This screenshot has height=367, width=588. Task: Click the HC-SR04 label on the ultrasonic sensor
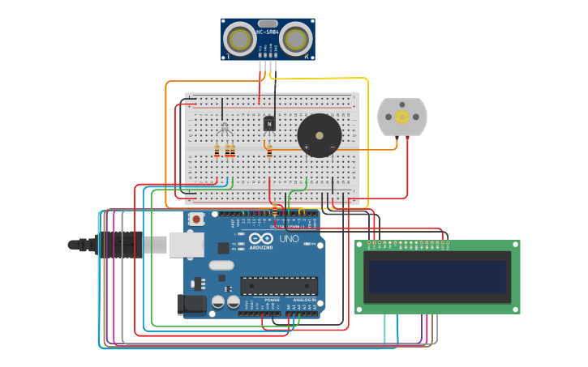click(x=268, y=32)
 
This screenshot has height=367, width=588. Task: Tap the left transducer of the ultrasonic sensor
click(x=239, y=39)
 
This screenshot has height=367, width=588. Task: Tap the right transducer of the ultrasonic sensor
click(x=297, y=39)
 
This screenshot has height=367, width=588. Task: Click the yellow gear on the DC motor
click(x=402, y=117)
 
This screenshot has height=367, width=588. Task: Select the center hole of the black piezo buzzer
click(x=320, y=135)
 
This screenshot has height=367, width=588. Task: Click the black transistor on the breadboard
click(x=269, y=124)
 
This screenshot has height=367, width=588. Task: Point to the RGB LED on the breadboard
click(x=223, y=127)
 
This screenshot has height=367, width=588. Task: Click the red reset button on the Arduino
click(x=196, y=219)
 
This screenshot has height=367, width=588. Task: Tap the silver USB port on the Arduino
click(x=186, y=244)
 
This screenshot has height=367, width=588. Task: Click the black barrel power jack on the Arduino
click(x=191, y=305)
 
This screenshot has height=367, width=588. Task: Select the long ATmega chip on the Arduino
click(x=278, y=286)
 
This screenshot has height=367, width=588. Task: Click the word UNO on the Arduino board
click(x=290, y=239)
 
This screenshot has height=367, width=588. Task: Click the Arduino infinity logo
click(x=261, y=239)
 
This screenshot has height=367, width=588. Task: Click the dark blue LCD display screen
click(x=437, y=277)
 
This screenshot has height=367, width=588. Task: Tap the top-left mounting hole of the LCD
click(x=360, y=245)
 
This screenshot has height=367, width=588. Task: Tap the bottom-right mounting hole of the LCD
click(x=515, y=309)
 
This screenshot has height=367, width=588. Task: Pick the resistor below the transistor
click(x=269, y=151)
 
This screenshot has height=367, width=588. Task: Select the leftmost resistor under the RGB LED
click(x=217, y=151)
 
